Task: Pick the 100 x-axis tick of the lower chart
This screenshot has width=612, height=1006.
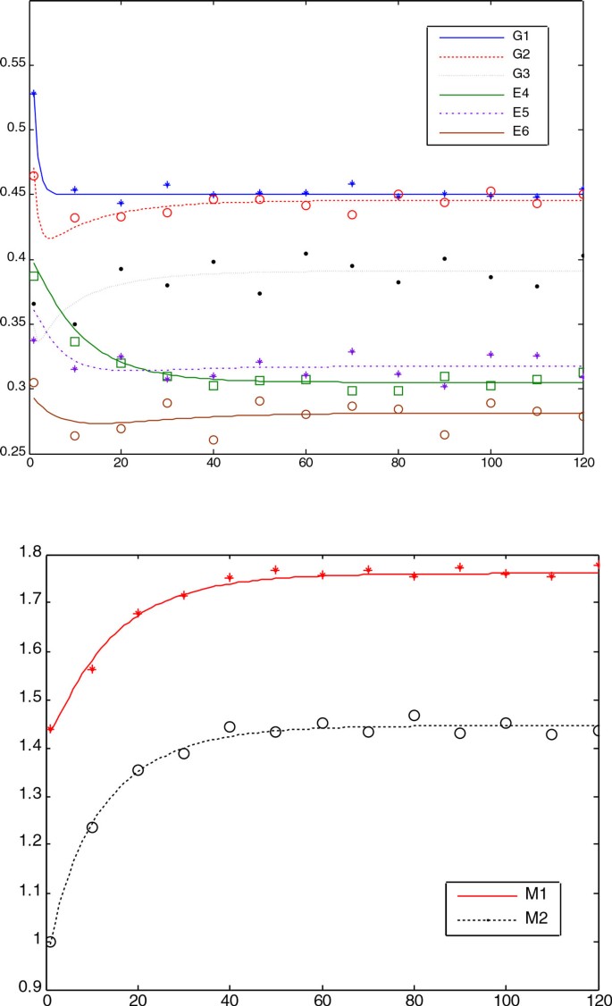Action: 506,999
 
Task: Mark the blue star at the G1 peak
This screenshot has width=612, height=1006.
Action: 33,93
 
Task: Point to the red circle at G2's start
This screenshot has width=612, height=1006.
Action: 34,176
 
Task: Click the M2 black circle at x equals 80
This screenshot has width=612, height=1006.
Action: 414,716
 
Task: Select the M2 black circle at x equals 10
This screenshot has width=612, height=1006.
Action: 92,827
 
